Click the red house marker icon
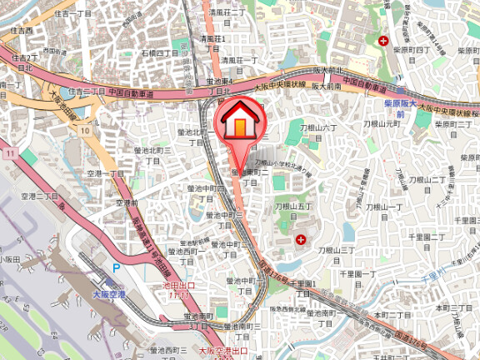pos(239,122)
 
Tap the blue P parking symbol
pos(116,268)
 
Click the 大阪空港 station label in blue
pos(108,295)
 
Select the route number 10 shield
pos(86,131)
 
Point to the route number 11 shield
pos(9,154)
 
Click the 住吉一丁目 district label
pos(72,13)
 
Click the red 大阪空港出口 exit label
pos(220,353)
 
